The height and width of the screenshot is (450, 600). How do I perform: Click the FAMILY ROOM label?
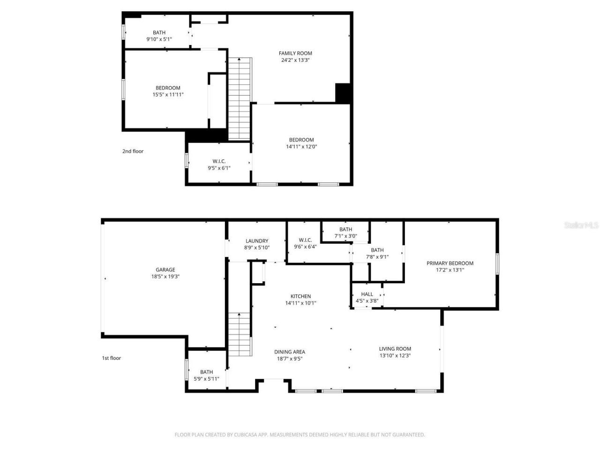(295, 53)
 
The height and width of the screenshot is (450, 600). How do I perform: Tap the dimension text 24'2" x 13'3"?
(295, 60)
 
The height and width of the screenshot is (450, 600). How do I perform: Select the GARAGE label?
(165, 270)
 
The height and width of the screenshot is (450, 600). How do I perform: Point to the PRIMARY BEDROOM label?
(450, 263)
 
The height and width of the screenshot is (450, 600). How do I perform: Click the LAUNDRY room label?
(257, 241)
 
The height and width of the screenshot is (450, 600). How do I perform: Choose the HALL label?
(367, 294)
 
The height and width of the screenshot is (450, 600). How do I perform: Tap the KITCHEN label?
(300, 296)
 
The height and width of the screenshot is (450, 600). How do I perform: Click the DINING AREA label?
(290, 352)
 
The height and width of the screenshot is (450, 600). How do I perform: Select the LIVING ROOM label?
(395, 349)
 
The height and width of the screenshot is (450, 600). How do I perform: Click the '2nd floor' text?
(133, 151)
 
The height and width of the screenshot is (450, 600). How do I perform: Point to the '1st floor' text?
(112, 358)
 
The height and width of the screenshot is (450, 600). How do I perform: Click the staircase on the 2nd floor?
(240, 98)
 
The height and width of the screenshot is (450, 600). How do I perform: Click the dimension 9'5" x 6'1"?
(219, 168)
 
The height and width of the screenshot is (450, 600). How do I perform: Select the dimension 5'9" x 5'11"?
(206, 379)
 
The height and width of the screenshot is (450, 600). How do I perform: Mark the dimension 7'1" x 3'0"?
(345, 236)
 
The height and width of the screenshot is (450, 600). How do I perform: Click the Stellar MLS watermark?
(581, 225)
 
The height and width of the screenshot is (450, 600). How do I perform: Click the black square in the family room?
(343, 93)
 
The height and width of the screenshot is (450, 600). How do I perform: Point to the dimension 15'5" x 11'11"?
(168, 95)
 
